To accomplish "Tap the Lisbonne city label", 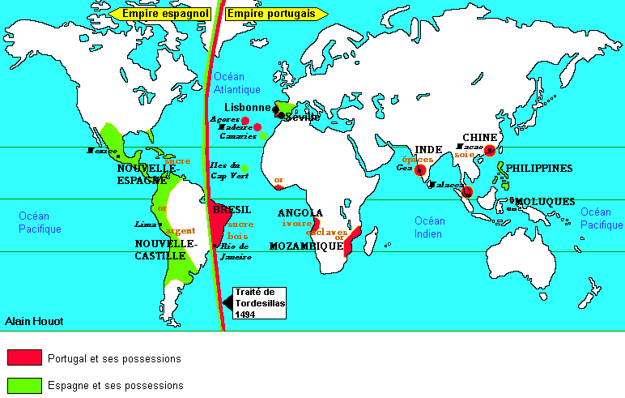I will coord(247,107).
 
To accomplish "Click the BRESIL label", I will coord(232,209).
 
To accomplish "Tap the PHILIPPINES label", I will coord(539,169).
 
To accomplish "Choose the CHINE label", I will coord(478,137).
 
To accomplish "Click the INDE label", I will coord(428,149).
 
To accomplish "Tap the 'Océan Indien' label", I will coord(429,227).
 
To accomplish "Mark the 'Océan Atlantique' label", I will coord(236,83).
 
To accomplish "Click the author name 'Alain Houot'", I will coord(32,321).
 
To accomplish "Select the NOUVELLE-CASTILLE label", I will coord(165,248).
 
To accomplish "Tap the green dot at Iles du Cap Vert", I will coord(244,169).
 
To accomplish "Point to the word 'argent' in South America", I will coord(181,230).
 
